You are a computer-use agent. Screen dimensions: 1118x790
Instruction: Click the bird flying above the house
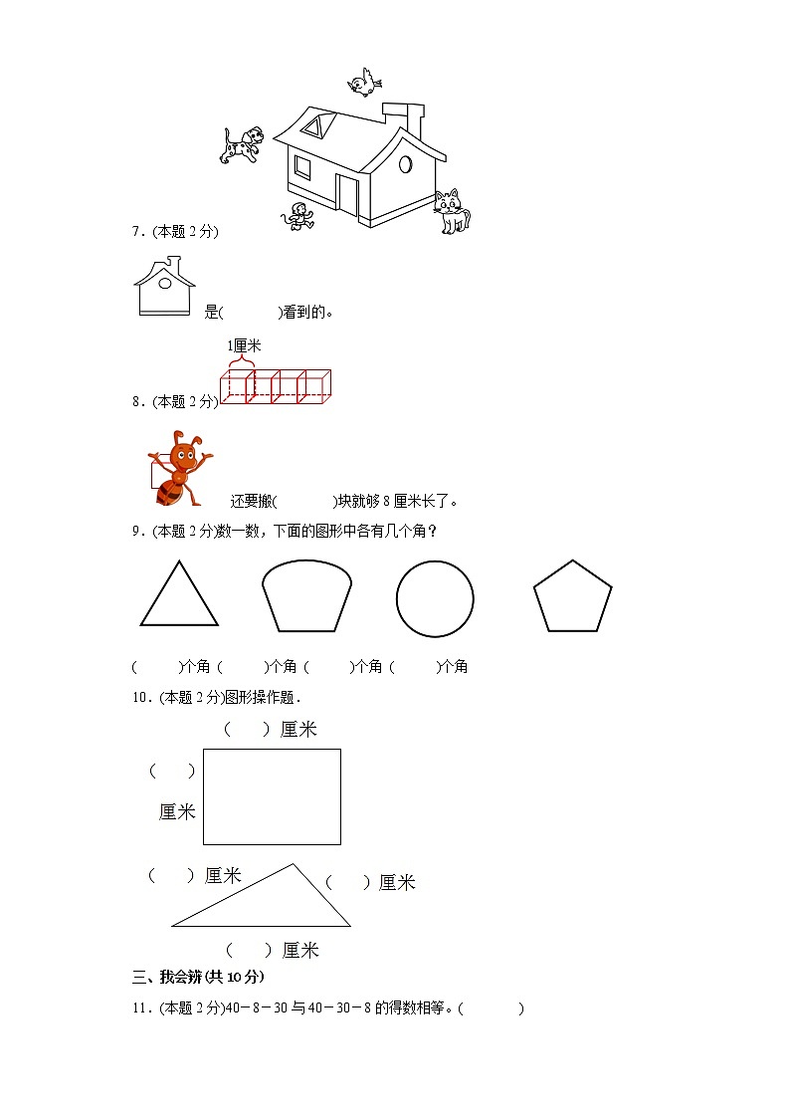tap(365, 82)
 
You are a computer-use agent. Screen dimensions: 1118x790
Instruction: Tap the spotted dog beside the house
tap(242, 144)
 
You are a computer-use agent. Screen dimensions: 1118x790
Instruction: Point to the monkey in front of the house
tap(296, 215)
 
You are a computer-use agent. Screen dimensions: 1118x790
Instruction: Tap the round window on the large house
tap(405, 163)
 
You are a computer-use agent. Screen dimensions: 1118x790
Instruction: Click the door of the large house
tap(347, 192)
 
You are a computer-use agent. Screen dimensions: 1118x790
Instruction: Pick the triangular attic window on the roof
tap(317, 125)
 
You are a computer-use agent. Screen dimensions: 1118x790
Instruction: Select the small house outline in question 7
tap(163, 287)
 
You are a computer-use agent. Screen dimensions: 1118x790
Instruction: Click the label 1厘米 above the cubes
tap(244, 345)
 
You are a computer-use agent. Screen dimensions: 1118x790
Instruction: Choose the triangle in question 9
tap(179, 595)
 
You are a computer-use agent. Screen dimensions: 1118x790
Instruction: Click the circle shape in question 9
tap(435, 598)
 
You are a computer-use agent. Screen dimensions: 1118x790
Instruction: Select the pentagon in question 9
tap(572, 596)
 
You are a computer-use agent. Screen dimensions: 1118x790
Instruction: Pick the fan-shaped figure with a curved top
tap(306, 597)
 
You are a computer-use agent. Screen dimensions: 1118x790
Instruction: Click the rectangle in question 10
tap(272, 796)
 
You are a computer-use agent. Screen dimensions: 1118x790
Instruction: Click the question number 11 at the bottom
tap(139, 1008)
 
